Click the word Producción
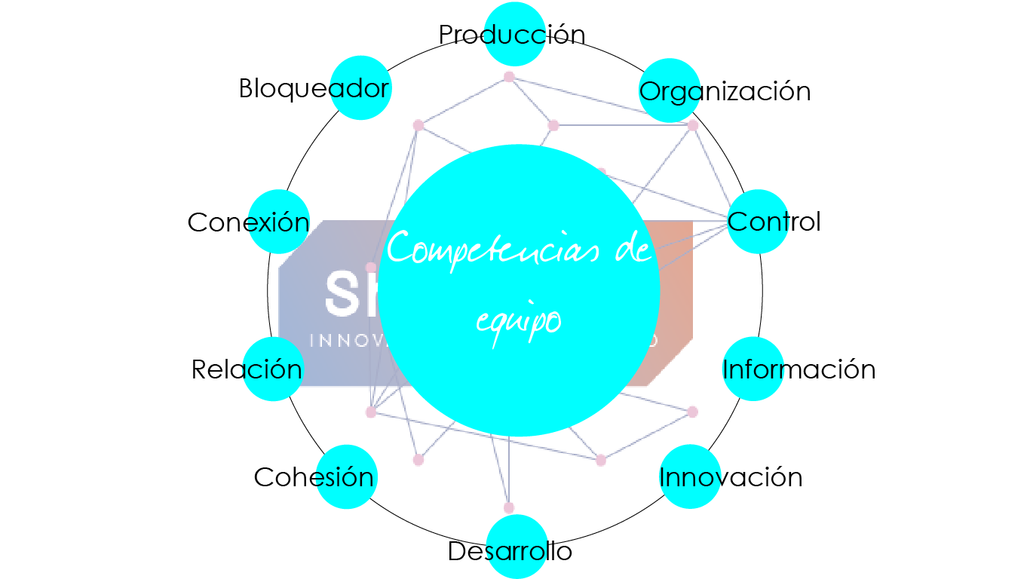512,35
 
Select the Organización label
725,91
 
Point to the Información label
799,369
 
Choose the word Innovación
730,477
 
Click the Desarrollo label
510,551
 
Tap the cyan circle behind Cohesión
346,477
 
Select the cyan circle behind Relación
273,369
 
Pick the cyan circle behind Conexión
279,222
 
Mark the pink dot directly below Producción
509,76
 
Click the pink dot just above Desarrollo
509,507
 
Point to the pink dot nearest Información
692,412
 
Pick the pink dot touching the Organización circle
692,125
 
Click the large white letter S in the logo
340,294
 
